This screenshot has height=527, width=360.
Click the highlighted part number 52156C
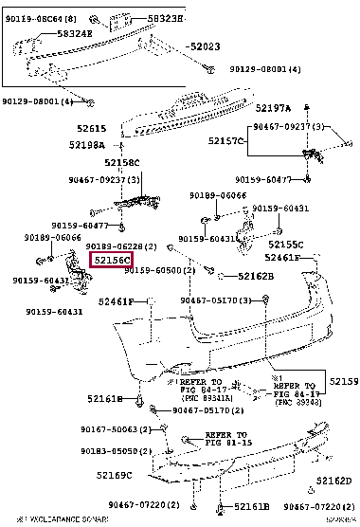point(111,259)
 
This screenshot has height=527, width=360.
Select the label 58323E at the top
point(153,18)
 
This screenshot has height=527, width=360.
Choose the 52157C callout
point(226,141)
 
